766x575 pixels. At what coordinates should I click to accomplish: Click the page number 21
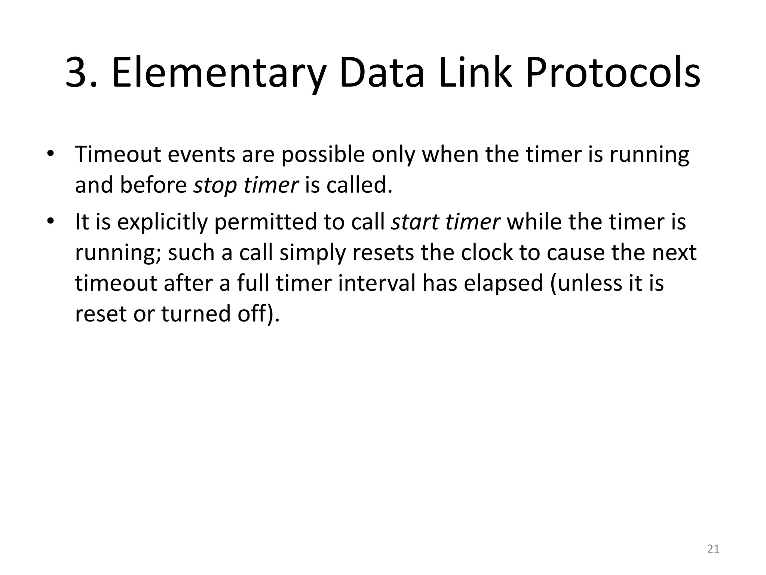coord(713,549)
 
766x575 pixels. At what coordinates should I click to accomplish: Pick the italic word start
coord(415,222)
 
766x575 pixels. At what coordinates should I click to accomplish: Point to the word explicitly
coord(162,222)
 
